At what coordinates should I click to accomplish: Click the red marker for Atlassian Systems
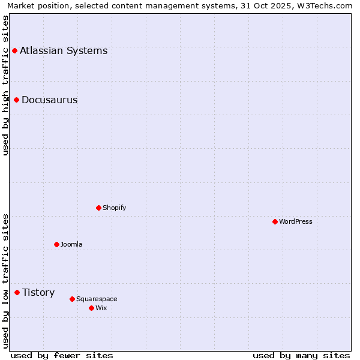[14, 51]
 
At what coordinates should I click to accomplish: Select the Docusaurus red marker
[17, 100]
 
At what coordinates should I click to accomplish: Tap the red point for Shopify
[99, 208]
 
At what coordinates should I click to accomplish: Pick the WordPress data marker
[275, 221]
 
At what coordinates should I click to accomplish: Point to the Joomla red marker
[57, 244]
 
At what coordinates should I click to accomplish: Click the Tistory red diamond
[17, 292]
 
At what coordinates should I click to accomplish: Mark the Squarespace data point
[72, 299]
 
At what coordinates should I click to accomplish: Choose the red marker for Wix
[91, 308]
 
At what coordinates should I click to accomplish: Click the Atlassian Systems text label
[64, 51]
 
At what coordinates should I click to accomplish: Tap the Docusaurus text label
[49, 100]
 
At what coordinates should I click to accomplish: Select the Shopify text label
[114, 208]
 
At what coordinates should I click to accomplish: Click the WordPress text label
[295, 221]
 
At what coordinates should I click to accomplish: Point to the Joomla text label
[71, 244]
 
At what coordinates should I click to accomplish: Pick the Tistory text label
[38, 293]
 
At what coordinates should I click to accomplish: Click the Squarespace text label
[97, 299]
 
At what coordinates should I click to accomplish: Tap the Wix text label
[101, 308]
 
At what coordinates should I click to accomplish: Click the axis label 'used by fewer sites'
[62, 355]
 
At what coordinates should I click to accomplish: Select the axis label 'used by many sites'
[301, 355]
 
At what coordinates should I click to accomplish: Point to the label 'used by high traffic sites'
[5, 85]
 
